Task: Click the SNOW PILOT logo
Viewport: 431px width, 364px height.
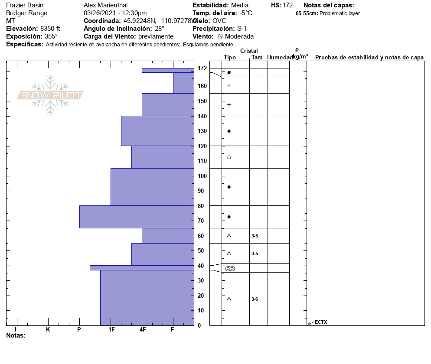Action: coord(50,95)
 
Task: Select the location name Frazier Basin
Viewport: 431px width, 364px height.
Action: coord(25,5)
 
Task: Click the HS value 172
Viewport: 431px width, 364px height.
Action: coord(287,5)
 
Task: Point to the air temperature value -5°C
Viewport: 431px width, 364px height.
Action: coord(246,13)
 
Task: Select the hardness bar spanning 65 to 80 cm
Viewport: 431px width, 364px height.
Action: coord(137,217)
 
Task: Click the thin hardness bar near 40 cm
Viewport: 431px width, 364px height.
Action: coord(141,268)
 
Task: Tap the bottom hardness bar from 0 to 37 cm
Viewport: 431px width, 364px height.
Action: coord(147,298)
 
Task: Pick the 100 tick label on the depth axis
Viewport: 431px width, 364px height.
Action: coord(202,176)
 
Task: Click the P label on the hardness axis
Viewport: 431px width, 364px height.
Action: coord(79,330)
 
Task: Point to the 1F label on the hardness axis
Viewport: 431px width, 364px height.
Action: coord(111,330)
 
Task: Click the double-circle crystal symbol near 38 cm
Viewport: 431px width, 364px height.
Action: coord(230,269)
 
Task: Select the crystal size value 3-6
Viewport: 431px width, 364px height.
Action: coord(255,299)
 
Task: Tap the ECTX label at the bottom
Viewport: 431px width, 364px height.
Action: coord(321,322)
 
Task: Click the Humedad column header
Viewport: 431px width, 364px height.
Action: coord(280,57)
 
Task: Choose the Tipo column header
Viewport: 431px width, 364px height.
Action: coord(230,57)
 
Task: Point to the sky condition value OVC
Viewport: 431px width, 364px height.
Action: coord(219,21)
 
